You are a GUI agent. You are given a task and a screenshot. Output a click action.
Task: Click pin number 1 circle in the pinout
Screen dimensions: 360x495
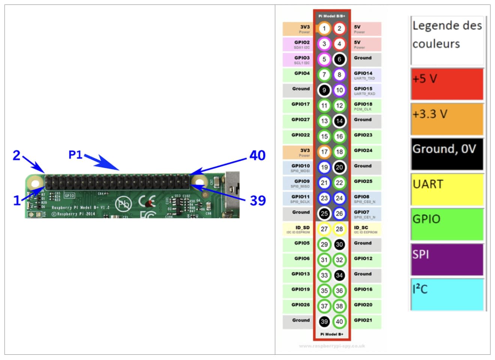coord(324,28)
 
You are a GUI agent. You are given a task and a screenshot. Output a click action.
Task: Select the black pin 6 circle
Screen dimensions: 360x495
coord(339,59)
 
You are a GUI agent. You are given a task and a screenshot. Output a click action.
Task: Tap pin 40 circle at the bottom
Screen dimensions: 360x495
coord(339,321)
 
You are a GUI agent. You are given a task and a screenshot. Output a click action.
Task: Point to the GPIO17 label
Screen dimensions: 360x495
coord(300,104)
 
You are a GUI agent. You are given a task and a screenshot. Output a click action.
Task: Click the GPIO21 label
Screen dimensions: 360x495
coord(363,320)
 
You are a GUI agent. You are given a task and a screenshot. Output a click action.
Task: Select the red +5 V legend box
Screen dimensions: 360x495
coord(447,84)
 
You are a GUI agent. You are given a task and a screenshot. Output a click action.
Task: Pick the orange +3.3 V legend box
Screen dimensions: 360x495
coord(447,119)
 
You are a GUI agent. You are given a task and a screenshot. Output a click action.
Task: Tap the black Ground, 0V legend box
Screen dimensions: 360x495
coord(447,154)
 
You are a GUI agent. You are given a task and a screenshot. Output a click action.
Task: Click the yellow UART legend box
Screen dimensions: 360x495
coord(447,189)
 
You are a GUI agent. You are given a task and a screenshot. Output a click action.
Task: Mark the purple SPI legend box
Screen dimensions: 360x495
coord(447,259)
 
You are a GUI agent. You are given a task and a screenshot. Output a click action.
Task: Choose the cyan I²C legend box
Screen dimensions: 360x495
coord(447,294)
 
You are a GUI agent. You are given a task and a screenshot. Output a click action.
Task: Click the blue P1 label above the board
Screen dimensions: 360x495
coord(75,154)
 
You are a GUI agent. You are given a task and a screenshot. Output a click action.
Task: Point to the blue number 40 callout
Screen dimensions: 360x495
coord(258,155)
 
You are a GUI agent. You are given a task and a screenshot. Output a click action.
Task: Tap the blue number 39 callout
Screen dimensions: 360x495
coord(258,200)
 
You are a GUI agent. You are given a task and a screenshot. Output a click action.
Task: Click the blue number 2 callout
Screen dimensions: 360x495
coord(16,155)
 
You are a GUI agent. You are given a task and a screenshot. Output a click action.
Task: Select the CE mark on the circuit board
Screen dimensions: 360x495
coord(146,202)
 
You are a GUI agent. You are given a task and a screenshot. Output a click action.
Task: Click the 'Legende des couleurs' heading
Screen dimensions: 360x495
coord(447,34)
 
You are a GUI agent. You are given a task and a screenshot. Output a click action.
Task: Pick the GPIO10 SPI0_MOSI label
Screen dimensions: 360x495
coord(301,168)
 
